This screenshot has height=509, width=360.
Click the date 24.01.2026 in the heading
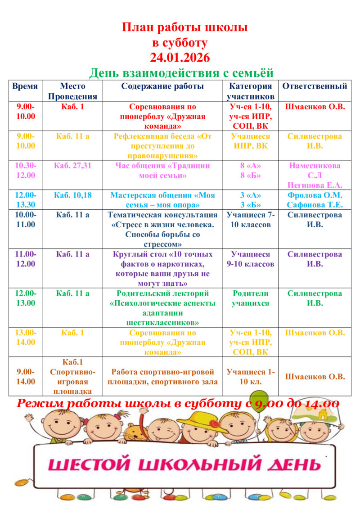coord(180,58)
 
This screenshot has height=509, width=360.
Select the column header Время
coord(25,86)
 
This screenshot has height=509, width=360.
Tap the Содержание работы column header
coord(162,86)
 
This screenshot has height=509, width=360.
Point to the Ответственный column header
coord(315,86)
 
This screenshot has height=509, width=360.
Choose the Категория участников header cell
coord(251,91)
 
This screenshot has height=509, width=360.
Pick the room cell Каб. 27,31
coord(72,166)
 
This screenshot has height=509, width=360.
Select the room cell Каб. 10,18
coord(72,195)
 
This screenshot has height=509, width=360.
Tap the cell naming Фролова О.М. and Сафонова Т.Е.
coord(315,200)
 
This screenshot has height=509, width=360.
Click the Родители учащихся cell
coord(251,298)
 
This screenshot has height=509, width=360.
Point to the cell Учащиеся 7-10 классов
coord(251,220)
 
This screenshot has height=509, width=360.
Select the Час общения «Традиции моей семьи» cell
coord(162,170)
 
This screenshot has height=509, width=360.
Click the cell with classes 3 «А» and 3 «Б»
coord(251,200)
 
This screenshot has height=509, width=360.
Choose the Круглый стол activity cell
coord(162,269)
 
